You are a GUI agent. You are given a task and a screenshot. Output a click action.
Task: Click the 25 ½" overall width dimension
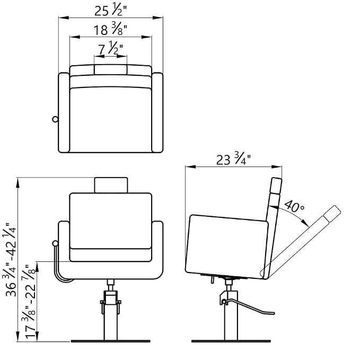(x=111, y=10)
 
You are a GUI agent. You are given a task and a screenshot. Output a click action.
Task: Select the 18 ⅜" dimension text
(x=110, y=29)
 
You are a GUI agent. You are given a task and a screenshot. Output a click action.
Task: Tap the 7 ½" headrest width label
(x=111, y=48)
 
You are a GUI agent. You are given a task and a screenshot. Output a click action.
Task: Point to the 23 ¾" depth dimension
(x=233, y=159)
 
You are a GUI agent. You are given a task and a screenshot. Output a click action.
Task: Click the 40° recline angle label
(x=294, y=206)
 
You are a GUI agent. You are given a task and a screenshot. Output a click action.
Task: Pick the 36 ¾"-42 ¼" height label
(x=10, y=260)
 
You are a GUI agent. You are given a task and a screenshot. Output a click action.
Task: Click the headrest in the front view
(x=111, y=185)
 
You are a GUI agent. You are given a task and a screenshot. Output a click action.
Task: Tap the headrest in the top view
(x=110, y=69)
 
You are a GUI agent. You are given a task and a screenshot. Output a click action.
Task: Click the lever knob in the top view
(x=55, y=119)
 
